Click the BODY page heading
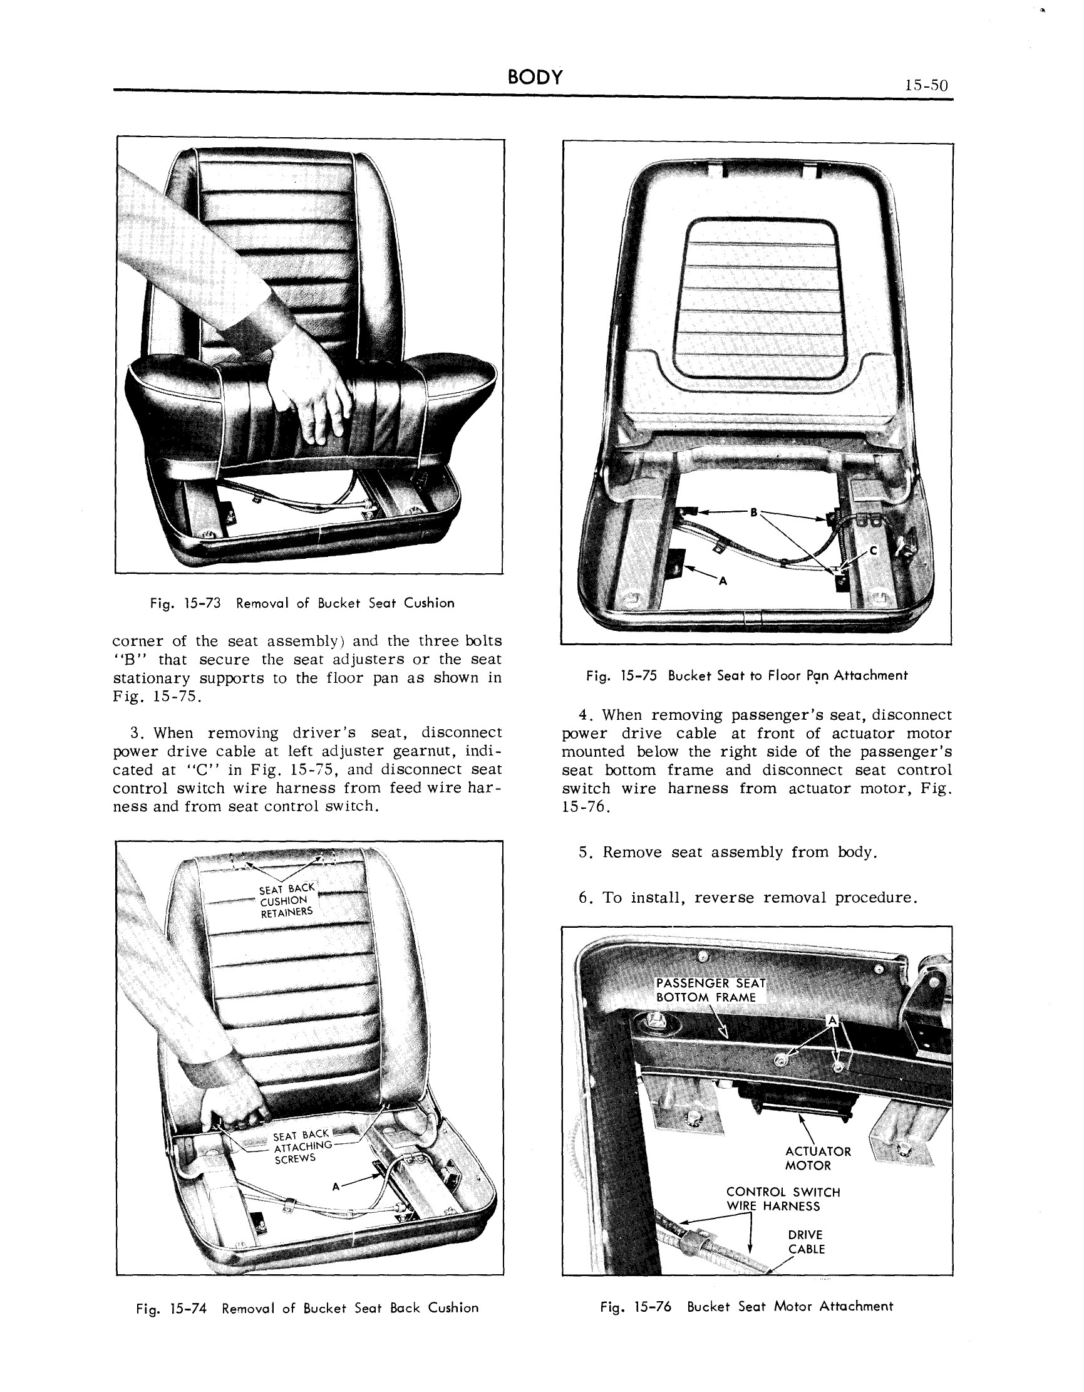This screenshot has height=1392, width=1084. tap(535, 77)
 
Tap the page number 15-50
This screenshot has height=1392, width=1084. tap(926, 85)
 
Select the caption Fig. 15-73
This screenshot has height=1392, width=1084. tap(301, 603)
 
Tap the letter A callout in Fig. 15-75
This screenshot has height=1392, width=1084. tap(723, 581)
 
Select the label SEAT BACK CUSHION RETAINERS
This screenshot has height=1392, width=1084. tap(286, 900)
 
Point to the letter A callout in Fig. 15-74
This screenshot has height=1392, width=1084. tap(336, 1187)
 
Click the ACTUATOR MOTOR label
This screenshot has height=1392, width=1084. tap(818, 1158)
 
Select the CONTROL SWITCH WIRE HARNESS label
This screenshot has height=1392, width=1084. tap(783, 1199)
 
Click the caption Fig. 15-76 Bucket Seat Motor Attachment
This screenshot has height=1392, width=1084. tap(746, 1306)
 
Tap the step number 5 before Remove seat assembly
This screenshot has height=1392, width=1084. tap(584, 852)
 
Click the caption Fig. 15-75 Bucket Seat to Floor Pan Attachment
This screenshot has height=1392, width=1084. tap(746, 675)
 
